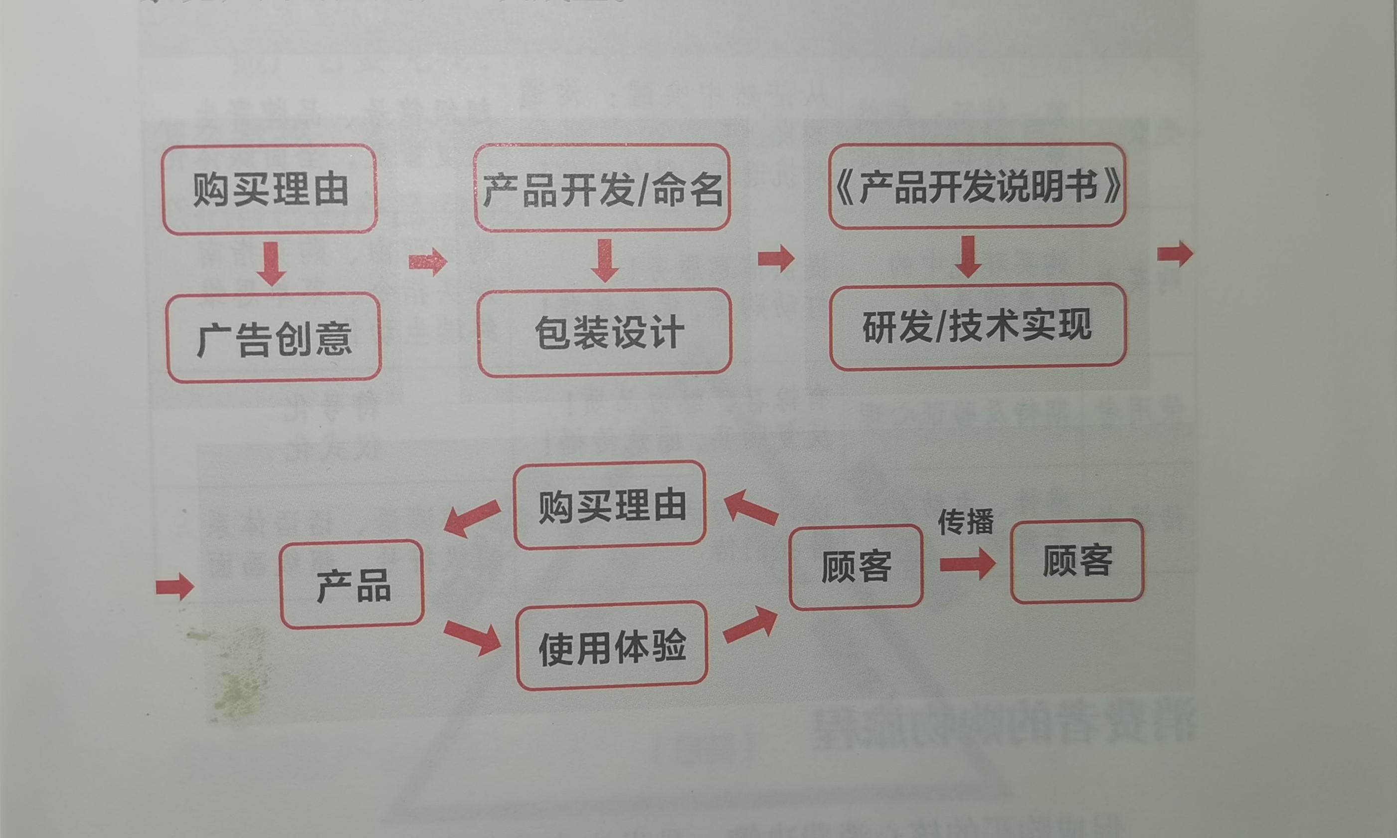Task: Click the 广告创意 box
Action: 274,337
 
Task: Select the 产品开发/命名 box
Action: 602,188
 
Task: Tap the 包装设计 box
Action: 605,332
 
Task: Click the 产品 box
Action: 352,585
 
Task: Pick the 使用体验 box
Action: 611,645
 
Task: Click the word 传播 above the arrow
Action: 965,522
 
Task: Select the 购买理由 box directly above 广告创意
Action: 270,189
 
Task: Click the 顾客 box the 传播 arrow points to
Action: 1077,561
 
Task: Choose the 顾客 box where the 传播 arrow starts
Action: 856,567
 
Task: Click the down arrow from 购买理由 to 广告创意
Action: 272,263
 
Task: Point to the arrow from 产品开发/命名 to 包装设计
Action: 605,260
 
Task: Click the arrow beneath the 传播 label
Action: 967,564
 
